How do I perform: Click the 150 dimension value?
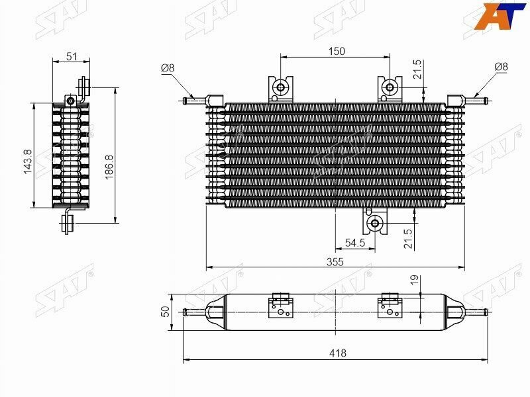coord(337,52)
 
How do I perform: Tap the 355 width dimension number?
coord(335,262)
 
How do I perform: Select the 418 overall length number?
coord(338,353)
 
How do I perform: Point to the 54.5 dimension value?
coord(355,243)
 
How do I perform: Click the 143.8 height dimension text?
coord(28,161)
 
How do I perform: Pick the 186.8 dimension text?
coord(109,167)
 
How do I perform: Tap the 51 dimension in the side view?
coord(72,56)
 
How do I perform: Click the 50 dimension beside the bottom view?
coord(165,311)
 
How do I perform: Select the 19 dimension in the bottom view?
coord(415,279)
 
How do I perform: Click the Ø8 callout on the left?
coord(168,68)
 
